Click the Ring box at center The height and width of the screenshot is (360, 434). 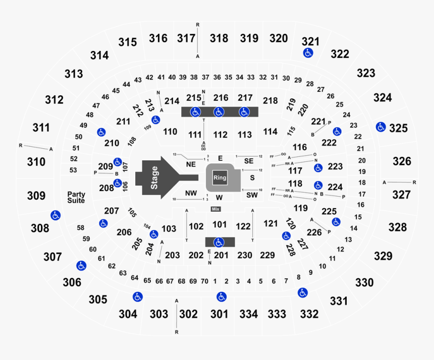(x=220, y=177)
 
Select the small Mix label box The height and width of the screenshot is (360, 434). (x=215, y=209)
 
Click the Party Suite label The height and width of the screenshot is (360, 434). (x=77, y=197)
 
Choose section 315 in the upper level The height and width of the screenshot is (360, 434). (x=128, y=42)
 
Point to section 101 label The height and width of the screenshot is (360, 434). (x=220, y=224)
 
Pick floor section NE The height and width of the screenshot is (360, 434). (x=190, y=164)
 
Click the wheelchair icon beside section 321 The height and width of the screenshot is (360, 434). (x=307, y=53)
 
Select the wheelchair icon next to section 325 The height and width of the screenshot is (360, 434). (x=381, y=127)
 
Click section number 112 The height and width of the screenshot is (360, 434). (x=220, y=135)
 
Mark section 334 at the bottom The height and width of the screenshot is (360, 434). (x=248, y=314)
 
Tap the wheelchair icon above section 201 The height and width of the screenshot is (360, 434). (x=219, y=242)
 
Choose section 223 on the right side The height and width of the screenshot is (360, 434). (x=335, y=166)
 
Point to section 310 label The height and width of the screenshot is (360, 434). (x=36, y=162)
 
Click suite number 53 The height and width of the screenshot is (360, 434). (x=74, y=170)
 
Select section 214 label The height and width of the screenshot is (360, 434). (x=172, y=101)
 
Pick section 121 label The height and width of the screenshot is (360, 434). (x=270, y=223)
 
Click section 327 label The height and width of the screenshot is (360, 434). (x=402, y=195)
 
